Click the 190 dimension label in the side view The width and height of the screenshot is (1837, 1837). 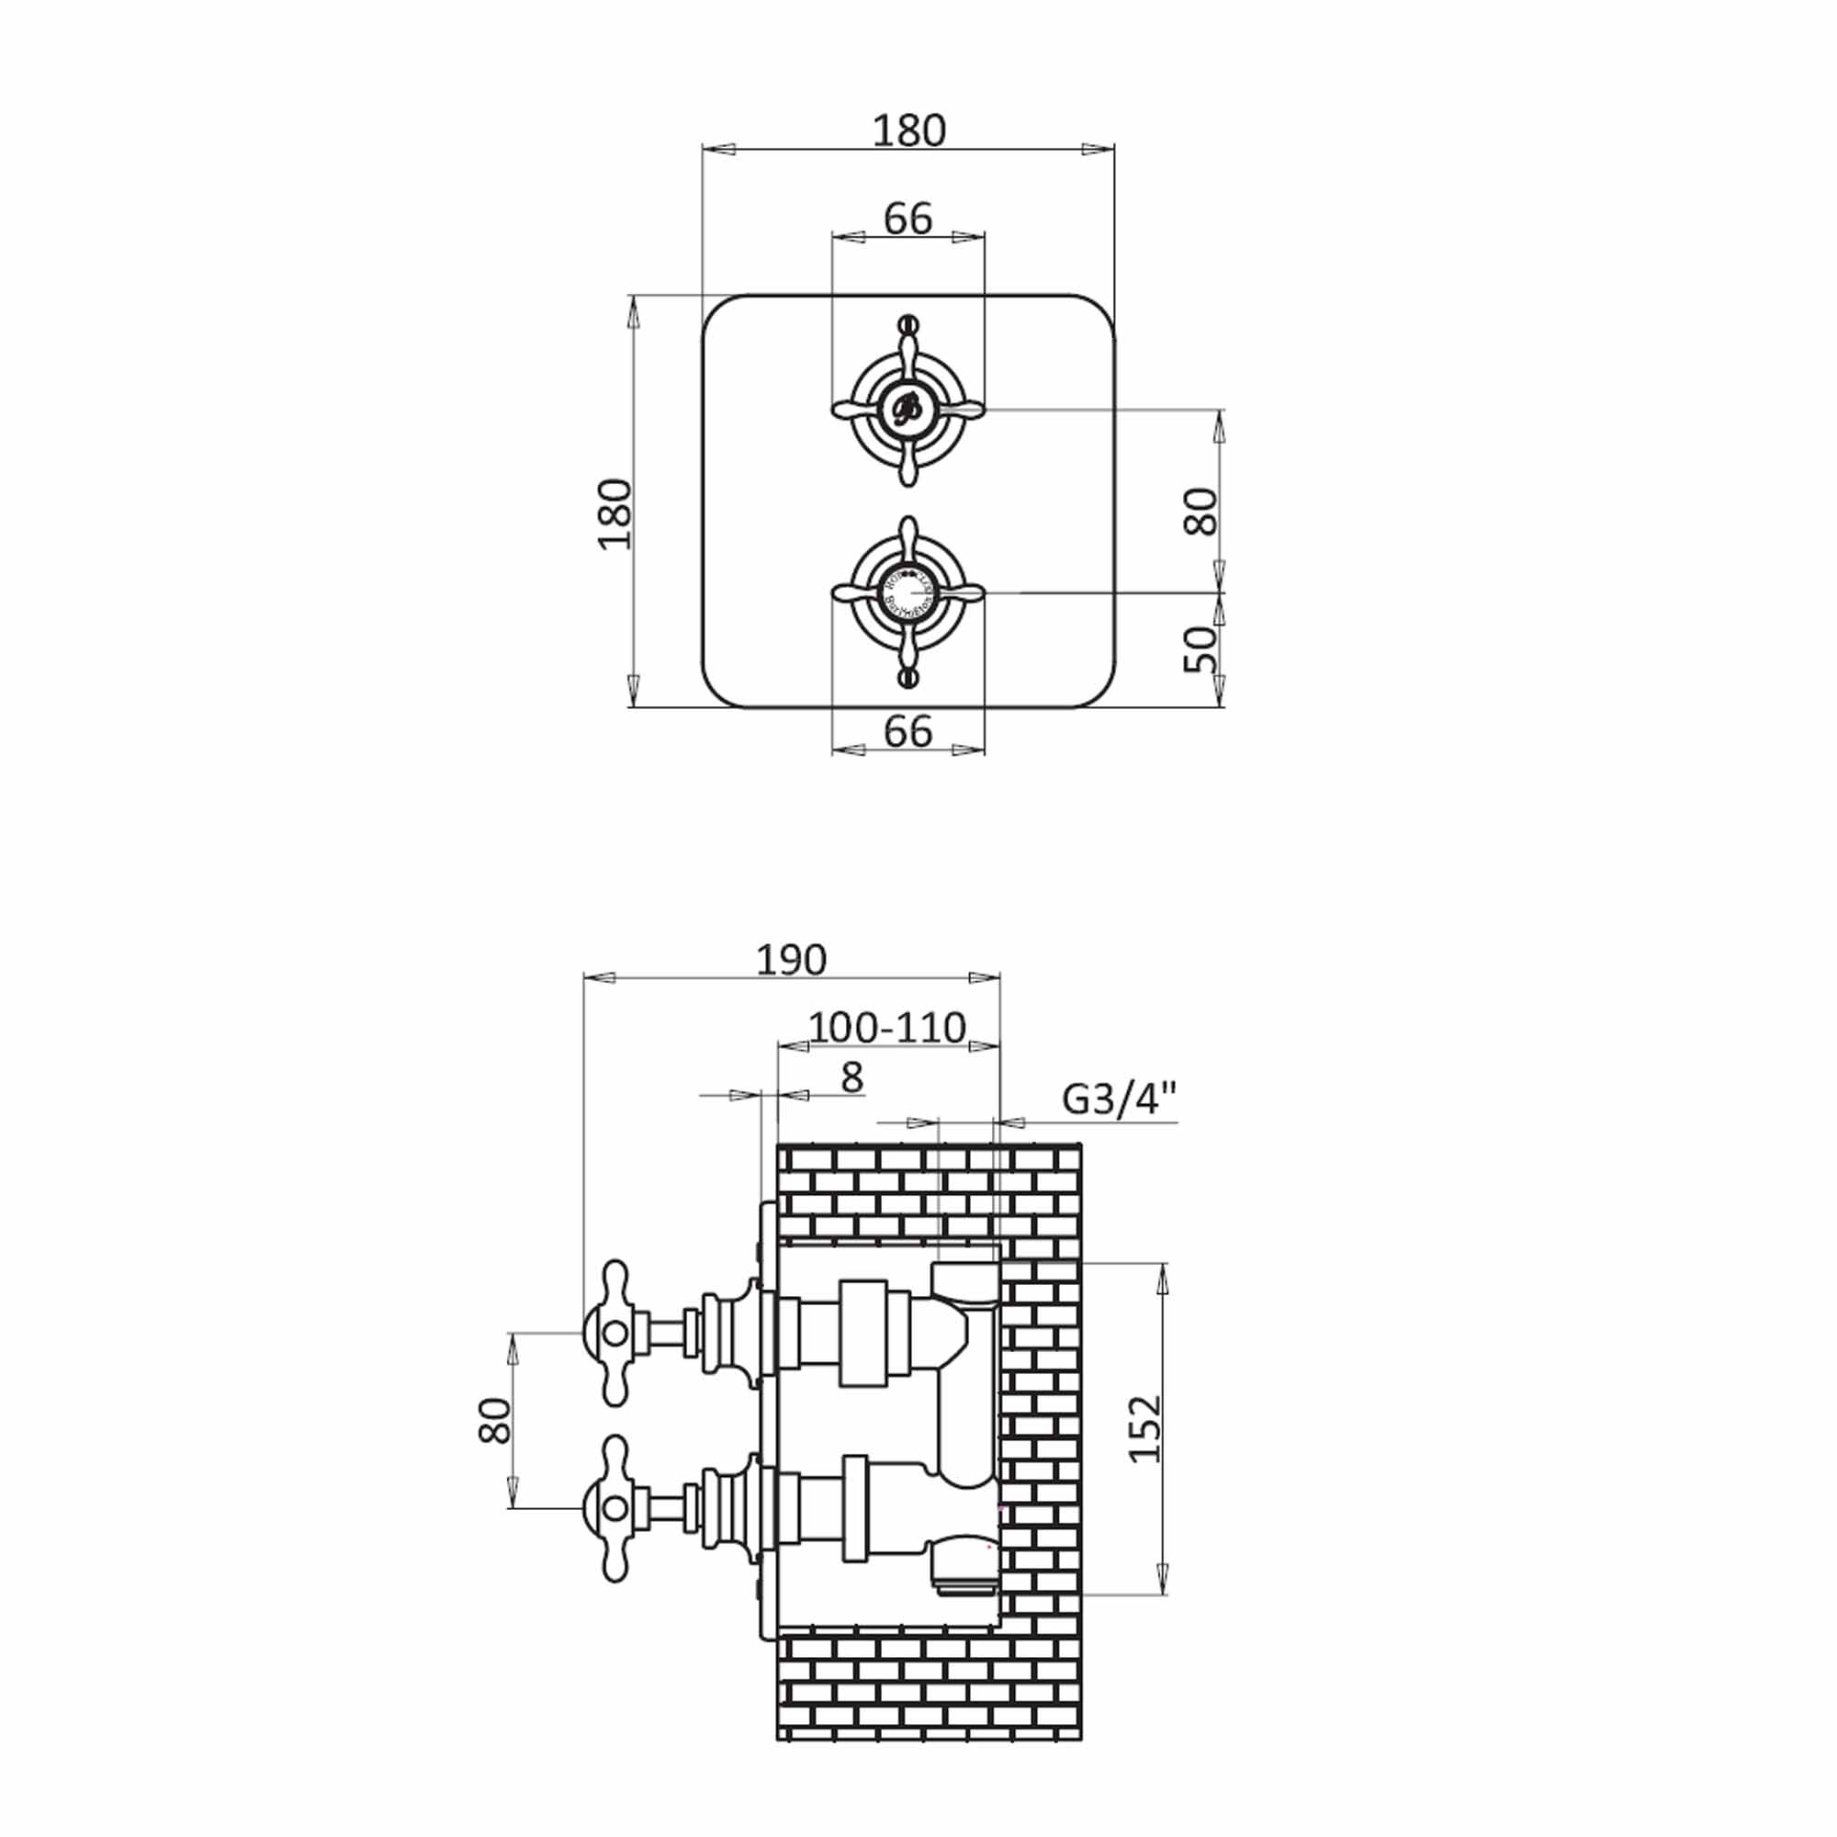coord(791,960)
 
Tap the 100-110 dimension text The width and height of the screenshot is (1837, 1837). coord(887,1028)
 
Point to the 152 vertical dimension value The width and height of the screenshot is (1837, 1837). coord(1145,1429)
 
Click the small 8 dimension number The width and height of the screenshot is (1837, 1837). coord(852,1078)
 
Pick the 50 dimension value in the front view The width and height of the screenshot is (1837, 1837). coord(1200,649)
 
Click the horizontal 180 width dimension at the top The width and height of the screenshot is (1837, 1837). coord(909,131)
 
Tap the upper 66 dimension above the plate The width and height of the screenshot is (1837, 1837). coord(908,219)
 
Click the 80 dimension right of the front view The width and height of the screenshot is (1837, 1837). coord(1200,512)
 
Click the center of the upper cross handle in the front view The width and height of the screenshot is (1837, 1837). coord(908,410)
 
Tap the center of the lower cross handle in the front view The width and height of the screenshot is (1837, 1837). coord(908,592)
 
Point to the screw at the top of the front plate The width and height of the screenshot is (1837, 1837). coord(908,322)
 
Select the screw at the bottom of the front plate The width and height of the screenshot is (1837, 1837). coord(908,678)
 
